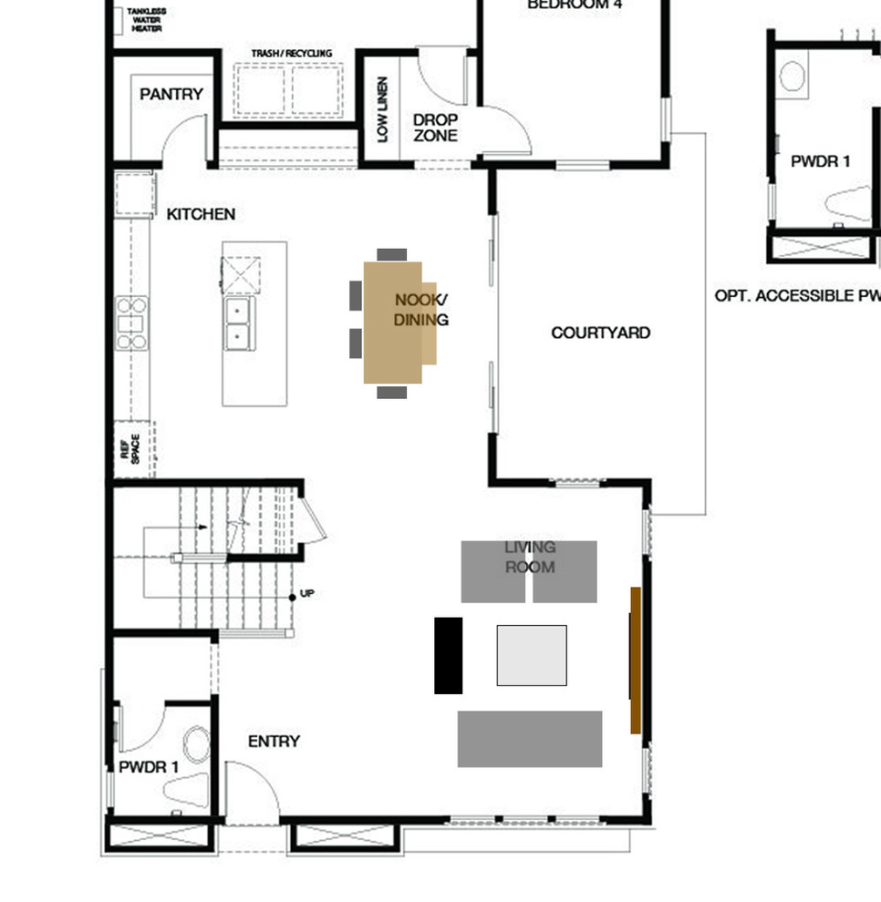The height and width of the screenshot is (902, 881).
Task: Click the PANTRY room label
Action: tap(171, 94)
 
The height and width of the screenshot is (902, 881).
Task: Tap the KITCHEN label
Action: tap(201, 214)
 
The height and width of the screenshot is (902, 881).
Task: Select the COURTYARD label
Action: tap(600, 333)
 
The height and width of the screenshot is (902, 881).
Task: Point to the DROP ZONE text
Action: tap(435, 128)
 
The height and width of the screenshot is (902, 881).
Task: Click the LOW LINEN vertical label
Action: tap(383, 109)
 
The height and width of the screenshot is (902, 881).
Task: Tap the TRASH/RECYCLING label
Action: tap(292, 54)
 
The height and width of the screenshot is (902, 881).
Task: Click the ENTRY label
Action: tap(274, 742)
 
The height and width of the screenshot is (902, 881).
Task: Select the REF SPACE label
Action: tap(130, 448)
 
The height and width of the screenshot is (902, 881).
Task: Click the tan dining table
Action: tap(394, 323)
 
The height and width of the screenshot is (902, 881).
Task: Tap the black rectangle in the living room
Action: tap(448, 655)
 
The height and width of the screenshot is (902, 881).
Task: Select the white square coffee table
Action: tap(532, 655)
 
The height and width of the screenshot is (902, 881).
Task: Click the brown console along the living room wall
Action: tap(636, 660)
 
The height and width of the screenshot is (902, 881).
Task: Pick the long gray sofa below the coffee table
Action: tap(530, 739)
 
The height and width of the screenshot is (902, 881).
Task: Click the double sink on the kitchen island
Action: tap(239, 323)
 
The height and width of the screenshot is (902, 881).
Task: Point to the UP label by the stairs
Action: tap(307, 593)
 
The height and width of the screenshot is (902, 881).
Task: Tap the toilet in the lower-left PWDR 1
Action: tap(196, 743)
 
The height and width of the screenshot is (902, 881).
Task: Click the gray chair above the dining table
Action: tap(392, 254)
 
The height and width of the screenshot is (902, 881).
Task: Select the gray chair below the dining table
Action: tap(392, 392)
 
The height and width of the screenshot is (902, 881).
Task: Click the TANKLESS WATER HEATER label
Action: tap(147, 19)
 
